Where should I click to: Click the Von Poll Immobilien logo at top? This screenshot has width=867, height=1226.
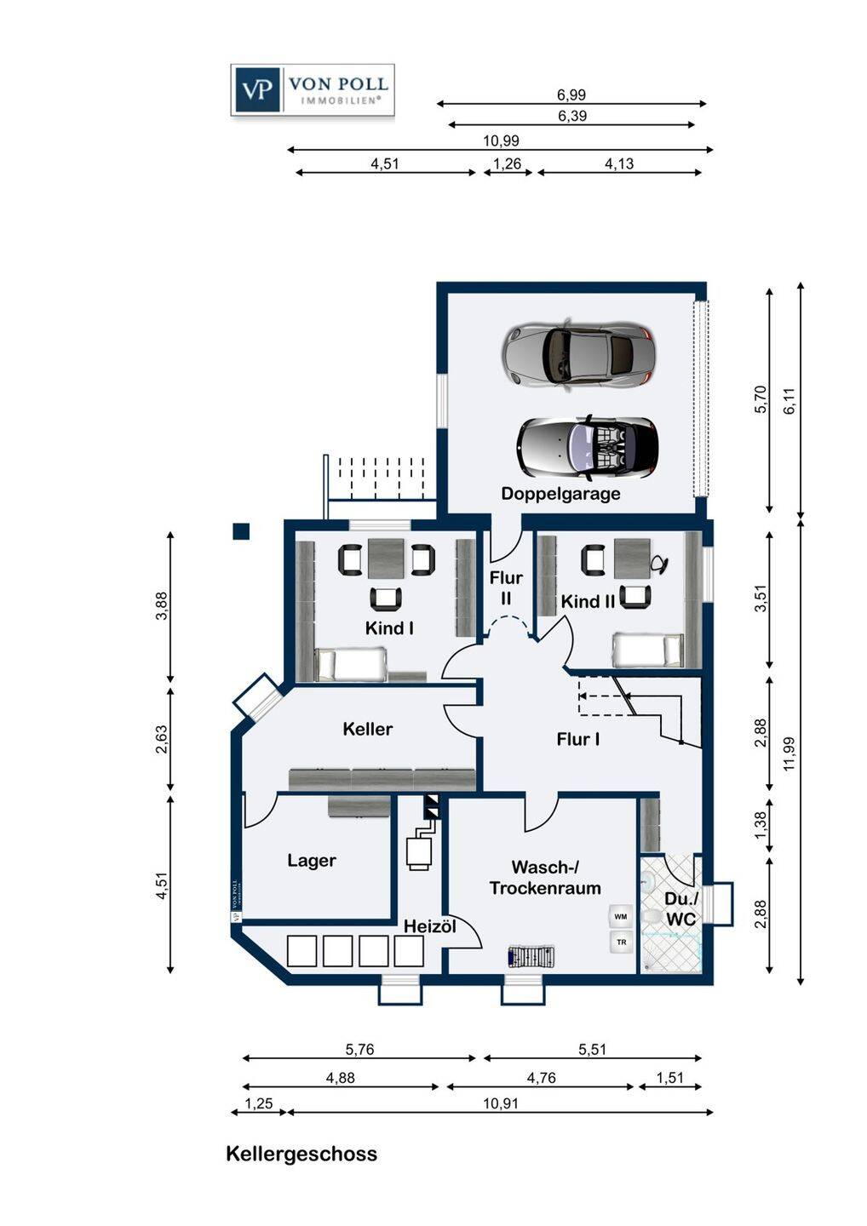coord(313,89)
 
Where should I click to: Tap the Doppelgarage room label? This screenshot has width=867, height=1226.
coord(560,493)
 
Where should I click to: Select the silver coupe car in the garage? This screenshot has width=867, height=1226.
coord(579,354)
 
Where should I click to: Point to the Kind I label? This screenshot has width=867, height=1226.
coord(389,627)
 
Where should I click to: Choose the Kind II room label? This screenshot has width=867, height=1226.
coord(589,601)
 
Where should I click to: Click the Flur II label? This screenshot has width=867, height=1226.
coord(506,587)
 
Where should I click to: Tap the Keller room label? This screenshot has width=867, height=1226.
coord(368,729)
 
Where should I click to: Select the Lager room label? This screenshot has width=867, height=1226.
coord(312,861)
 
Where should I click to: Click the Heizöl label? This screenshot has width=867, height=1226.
coord(430,926)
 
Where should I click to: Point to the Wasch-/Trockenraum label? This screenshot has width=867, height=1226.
coord(545,877)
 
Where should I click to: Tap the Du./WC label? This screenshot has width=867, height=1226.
coord(681,909)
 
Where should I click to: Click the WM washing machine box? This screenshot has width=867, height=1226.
coord(621,916)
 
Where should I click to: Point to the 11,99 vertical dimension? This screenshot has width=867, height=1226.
coord(789,754)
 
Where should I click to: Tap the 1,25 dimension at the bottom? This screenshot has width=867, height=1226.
coord(258,1103)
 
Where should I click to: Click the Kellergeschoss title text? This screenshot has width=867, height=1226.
coord(301,1154)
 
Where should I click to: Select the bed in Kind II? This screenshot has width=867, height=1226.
coord(648,650)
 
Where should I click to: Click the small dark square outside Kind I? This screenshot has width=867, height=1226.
coord(241,531)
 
